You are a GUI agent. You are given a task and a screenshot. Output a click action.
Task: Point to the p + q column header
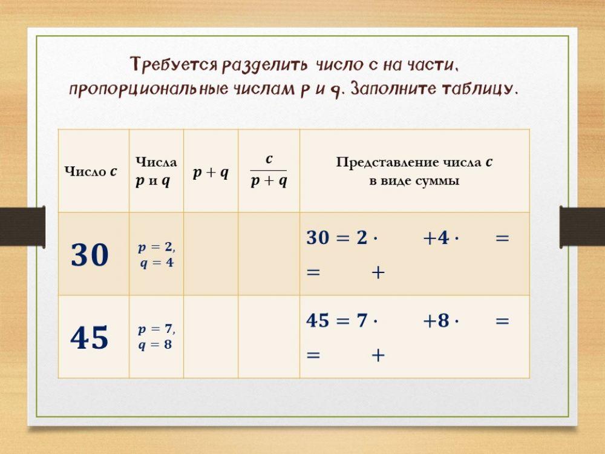click(211, 173)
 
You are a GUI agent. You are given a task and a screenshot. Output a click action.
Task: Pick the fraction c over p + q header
click(269, 171)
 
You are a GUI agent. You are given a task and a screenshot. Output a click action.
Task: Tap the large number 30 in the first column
click(90, 255)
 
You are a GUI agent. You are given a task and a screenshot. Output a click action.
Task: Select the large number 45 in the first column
click(90, 337)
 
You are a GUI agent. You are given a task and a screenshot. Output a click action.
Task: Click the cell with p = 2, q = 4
click(156, 255)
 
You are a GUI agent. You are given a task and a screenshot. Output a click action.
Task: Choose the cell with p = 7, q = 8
click(156, 337)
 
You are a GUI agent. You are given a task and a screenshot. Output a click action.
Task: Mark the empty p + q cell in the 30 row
click(211, 254)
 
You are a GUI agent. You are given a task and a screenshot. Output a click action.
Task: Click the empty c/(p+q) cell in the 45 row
click(269, 337)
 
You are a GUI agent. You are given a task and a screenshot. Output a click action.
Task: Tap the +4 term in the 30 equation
click(436, 238)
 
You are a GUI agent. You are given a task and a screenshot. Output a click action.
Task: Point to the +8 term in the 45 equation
click(436, 321)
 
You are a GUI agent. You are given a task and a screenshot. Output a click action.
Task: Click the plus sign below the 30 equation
click(378, 272)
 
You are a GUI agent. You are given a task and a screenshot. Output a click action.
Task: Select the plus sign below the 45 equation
click(378, 355)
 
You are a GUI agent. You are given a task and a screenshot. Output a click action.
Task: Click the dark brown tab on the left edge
click(22, 226)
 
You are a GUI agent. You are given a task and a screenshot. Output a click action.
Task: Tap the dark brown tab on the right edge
click(582, 226)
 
